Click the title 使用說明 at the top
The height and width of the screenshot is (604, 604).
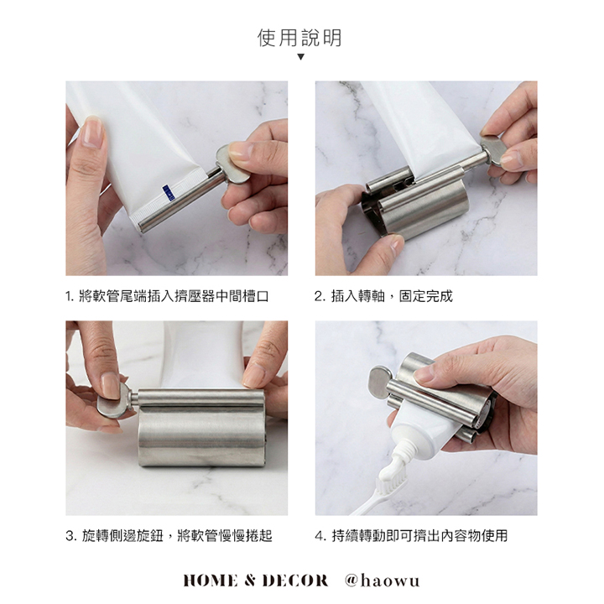click(x=299, y=38)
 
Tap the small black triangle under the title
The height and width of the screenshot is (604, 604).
click(x=301, y=57)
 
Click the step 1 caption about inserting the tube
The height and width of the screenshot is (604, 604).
click(x=167, y=296)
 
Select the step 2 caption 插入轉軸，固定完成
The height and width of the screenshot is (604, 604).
click(x=383, y=296)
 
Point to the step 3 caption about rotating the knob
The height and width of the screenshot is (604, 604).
click(x=169, y=535)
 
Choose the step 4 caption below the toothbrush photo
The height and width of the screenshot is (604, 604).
click(x=411, y=535)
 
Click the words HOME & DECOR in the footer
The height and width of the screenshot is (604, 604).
click(x=255, y=581)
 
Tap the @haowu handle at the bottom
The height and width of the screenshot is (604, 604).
click(x=383, y=581)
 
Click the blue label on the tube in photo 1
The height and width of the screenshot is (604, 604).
click(x=169, y=193)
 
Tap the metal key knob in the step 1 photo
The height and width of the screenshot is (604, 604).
click(x=232, y=164)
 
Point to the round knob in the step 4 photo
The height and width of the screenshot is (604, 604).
click(x=381, y=383)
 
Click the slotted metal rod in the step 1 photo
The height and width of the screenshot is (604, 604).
click(x=180, y=201)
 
